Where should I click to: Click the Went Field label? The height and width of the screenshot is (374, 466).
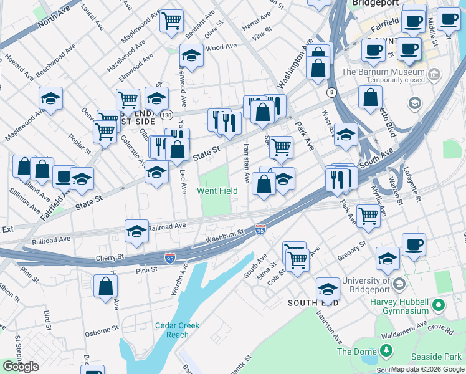coord(218,191)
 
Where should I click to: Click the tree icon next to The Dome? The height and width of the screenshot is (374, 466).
coord(386,352)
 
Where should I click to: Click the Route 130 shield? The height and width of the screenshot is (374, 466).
coord(165,115)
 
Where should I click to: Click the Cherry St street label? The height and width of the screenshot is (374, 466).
coord(110,257)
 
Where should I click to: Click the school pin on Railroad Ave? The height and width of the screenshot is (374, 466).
coord(137,231)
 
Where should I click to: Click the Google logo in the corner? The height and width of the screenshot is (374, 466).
coord(21,367)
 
